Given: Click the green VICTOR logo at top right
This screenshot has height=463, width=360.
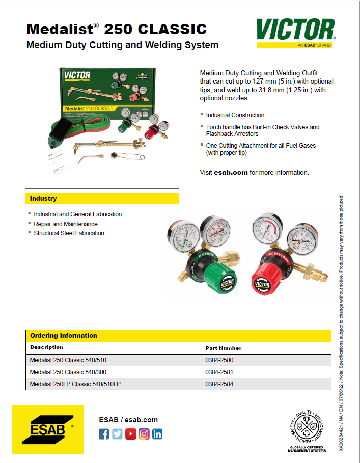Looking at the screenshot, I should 296,30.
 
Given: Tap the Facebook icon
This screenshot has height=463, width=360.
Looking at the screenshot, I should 104,434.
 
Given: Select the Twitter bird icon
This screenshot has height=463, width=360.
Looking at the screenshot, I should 117,434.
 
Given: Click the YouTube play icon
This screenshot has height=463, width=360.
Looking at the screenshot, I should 131,434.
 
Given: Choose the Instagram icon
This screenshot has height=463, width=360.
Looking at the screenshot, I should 144,434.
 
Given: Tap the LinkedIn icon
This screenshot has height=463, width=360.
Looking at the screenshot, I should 157,434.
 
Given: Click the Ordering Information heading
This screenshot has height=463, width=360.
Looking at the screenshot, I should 64,336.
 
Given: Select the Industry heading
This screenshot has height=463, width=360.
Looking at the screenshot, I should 43,198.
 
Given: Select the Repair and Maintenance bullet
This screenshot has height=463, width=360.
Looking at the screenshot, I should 66,224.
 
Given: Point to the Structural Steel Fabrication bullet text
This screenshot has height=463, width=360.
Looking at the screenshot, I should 69,233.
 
